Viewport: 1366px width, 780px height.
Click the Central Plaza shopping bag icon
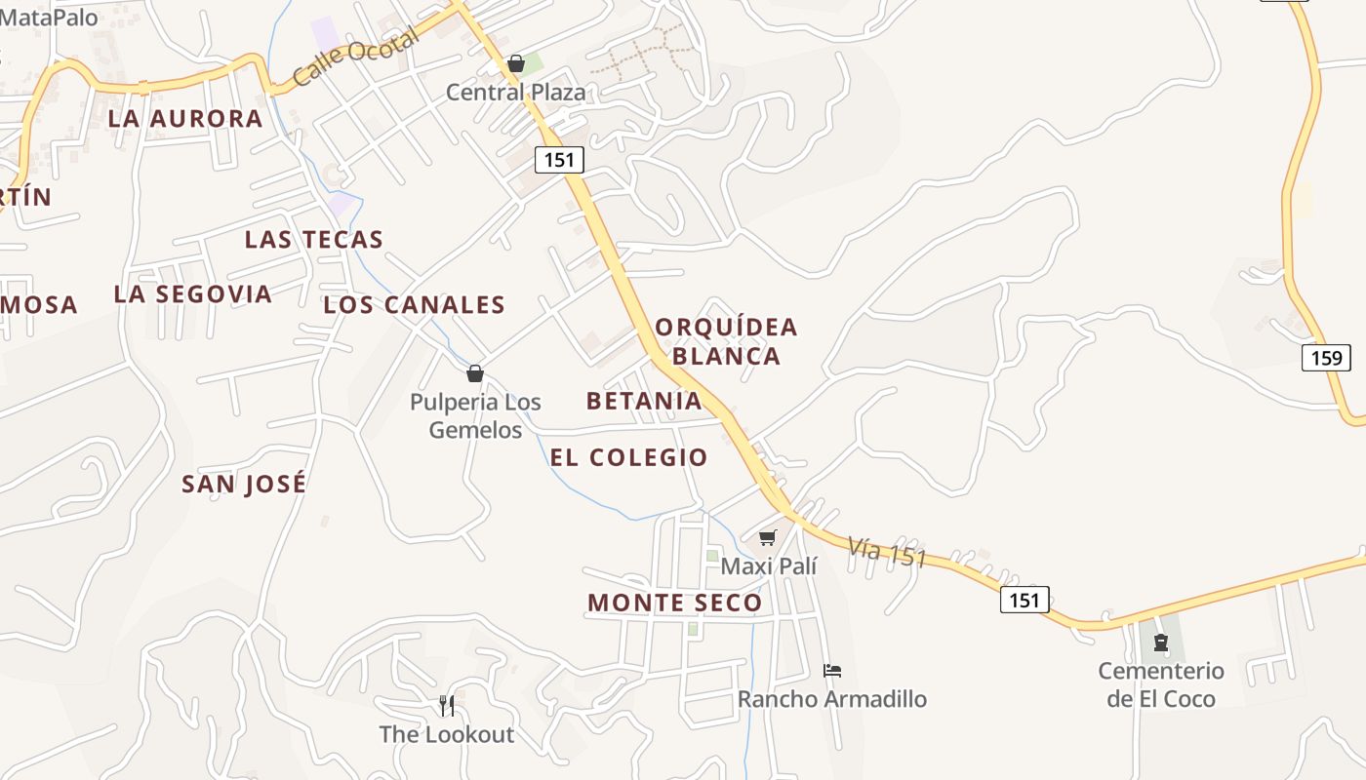(516, 64)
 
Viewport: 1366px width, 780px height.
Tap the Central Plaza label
(516, 93)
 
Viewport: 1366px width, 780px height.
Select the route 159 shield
(1326, 358)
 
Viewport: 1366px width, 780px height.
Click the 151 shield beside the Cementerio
(1024, 600)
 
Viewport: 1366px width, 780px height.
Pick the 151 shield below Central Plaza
(559, 159)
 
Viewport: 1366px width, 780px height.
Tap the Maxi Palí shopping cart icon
(768, 537)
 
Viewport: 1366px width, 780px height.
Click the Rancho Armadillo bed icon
(832, 671)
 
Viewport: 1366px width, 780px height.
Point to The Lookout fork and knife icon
(447, 705)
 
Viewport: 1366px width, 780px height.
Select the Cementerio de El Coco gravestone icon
(1161, 643)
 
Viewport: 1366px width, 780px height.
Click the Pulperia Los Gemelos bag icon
(475, 373)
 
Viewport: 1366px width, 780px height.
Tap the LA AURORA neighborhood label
(185, 119)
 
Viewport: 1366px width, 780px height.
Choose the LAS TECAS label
(314, 240)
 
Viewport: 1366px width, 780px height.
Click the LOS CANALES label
(415, 305)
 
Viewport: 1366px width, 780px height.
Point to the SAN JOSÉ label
(244, 484)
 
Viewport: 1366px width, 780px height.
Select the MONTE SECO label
(675, 603)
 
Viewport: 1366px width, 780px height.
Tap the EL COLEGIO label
(629, 457)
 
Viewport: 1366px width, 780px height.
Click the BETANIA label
(644, 401)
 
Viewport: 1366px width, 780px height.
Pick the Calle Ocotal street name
(356, 56)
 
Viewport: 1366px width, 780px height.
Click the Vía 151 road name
(887, 552)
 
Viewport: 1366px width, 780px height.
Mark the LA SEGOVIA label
(192, 294)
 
